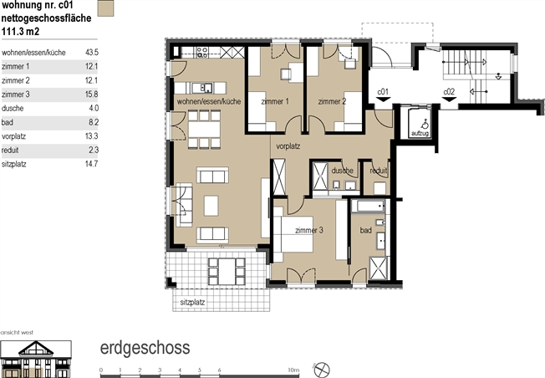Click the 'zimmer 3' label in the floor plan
[309, 230]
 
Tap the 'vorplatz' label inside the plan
[288, 146]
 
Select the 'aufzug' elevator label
[420, 133]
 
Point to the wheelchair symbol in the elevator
[425, 124]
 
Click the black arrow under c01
[383, 100]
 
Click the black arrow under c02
[449, 100]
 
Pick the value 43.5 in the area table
[92, 53]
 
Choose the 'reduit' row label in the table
[10, 151]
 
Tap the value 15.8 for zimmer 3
[92, 94]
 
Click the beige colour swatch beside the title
[105, 8]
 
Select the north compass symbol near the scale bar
[322, 370]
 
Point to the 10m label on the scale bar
[293, 370]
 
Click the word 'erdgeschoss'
[145, 348]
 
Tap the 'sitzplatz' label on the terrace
[192, 302]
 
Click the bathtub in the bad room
[368, 206]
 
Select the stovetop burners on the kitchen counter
[202, 53]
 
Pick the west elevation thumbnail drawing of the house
[36, 359]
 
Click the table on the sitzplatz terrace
[226, 272]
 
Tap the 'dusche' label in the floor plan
[343, 171]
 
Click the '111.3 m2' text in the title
[21, 32]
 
